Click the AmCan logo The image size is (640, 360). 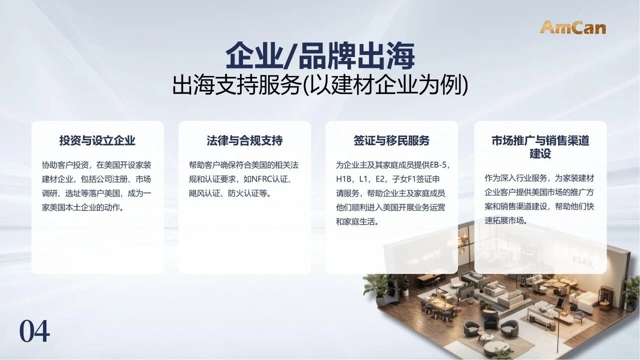pyautogui.click(x=573, y=27)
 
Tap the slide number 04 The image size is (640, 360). pyautogui.click(x=34, y=331)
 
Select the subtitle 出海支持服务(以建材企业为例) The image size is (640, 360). pyautogui.click(x=320, y=85)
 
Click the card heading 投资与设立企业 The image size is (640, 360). pyautogui.click(x=97, y=140)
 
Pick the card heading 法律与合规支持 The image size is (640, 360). pyautogui.click(x=244, y=140)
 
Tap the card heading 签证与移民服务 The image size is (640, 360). pyautogui.click(x=391, y=140)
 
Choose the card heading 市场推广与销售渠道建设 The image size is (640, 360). pyautogui.click(x=540, y=147)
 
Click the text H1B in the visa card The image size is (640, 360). pyautogui.click(x=343, y=179)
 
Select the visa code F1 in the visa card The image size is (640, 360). pyautogui.click(x=411, y=179)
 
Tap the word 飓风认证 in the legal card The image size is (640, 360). pyautogui.click(x=204, y=193)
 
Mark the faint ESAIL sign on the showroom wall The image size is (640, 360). pyautogui.click(x=583, y=261)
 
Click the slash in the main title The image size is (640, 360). pyautogui.click(x=288, y=56)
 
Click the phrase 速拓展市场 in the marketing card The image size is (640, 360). pyautogui.click(x=504, y=220)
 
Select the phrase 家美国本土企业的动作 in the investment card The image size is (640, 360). pyautogui.click(x=81, y=207)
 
